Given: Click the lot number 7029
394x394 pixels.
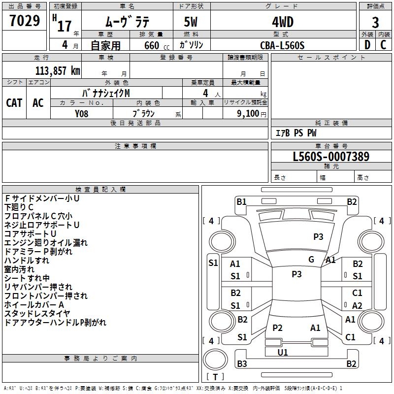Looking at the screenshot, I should coord(25,21).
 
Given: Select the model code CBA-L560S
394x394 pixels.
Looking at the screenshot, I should coord(282,45).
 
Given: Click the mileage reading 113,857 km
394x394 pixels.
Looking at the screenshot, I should coord(58,70).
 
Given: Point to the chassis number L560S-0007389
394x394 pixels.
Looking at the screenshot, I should coord(331,157).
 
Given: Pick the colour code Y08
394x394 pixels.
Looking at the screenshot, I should coord(82,113).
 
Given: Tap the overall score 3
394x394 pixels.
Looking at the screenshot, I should coord(375,22).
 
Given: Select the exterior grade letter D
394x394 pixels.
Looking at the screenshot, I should coord(367,45).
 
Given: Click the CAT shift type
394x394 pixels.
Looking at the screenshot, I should coord(14,102).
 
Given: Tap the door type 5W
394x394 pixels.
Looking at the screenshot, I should coord(192,22).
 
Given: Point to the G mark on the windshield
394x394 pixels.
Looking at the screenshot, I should coord(311,260).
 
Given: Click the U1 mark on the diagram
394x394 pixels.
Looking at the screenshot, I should coord(283,352).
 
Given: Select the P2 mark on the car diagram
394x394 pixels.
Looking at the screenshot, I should coord(277,328).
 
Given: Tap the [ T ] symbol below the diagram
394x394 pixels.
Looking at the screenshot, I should coord(215,377).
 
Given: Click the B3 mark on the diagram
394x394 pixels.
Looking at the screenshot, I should coord(242,364).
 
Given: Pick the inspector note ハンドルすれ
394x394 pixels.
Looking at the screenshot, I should coord(27,260).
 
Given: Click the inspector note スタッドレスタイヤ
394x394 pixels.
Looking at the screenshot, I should coord(37,313).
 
